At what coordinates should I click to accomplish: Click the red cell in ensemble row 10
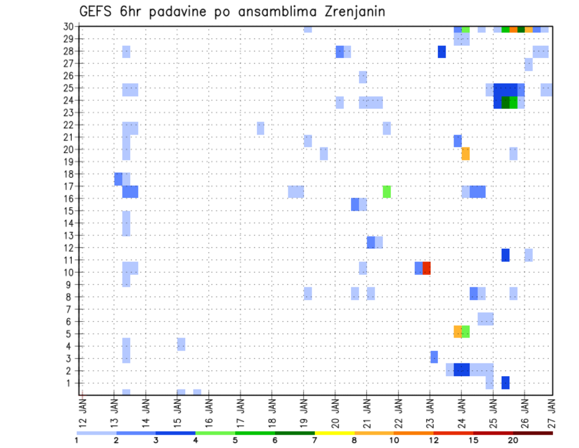(426, 268)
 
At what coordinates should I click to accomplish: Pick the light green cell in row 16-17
(387, 191)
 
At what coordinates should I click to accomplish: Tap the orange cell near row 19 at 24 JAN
(466, 154)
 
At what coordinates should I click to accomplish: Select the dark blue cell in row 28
(442, 52)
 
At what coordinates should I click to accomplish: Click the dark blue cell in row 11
(505, 255)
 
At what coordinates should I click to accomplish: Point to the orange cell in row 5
(458, 331)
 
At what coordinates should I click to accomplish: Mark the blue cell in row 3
(434, 357)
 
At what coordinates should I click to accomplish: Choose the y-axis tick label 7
(71, 309)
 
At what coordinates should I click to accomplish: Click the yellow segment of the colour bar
(334, 433)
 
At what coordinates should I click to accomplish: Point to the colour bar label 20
(513, 441)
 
